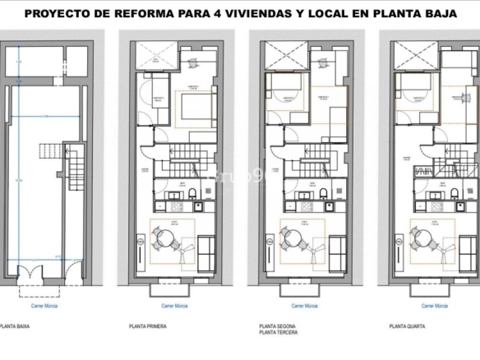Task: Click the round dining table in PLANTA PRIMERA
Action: click(x=165, y=238)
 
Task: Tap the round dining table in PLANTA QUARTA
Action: click(x=422, y=238)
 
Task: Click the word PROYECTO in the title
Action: click(x=56, y=14)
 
